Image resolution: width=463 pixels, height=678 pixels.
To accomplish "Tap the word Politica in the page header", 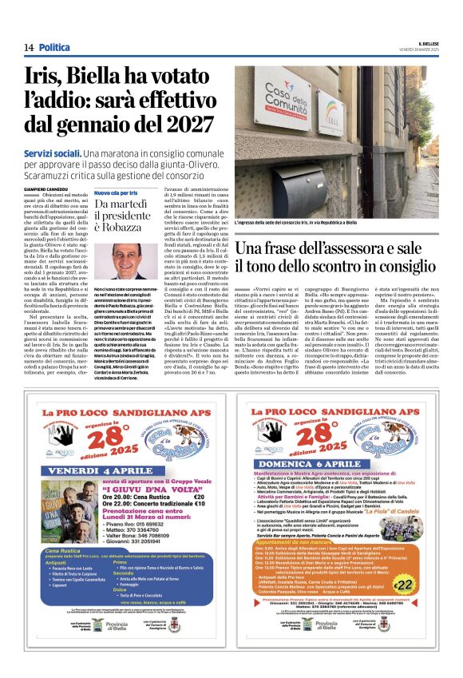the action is [54, 47].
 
